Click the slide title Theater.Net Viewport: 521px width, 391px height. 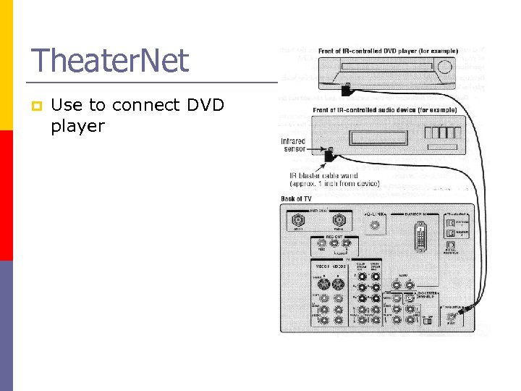[110, 60]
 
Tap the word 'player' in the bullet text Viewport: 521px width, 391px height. [77, 127]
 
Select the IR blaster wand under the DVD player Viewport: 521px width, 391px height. [348, 89]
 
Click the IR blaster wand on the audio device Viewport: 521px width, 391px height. [329, 154]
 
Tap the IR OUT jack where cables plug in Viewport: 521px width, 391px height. [454, 316]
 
